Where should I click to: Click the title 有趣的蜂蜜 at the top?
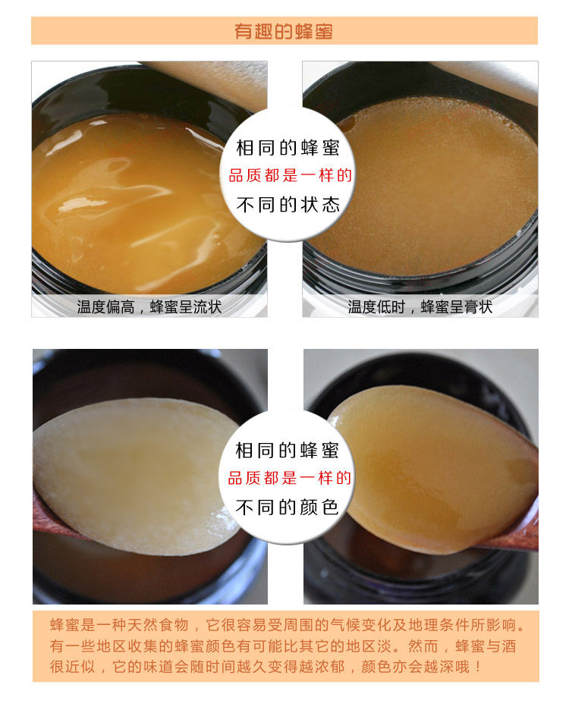tap(284, 31)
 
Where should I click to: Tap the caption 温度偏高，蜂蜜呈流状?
tap(149, 307)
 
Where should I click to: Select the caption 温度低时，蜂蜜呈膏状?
tap(420, 307)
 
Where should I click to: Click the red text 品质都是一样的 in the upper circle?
tap(290, 175)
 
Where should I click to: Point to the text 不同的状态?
tap(288, 205)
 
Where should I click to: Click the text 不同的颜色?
tap(287, 507)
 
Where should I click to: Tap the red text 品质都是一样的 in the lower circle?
tap(289, 478)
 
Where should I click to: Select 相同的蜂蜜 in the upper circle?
tap(288, 148)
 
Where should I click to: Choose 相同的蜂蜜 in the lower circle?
tap(287, 451)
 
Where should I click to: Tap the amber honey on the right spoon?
tap(428, 468)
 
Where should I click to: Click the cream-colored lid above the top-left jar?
tap(214, 82)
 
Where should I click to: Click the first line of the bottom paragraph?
tap(288, 625)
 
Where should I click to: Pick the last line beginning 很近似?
tap(266, 667)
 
